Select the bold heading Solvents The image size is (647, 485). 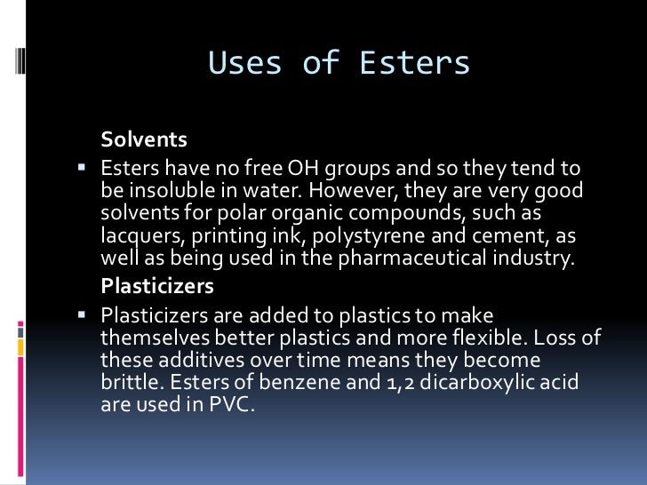coord(144,140)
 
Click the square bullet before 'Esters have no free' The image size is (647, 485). coord(82,165)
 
